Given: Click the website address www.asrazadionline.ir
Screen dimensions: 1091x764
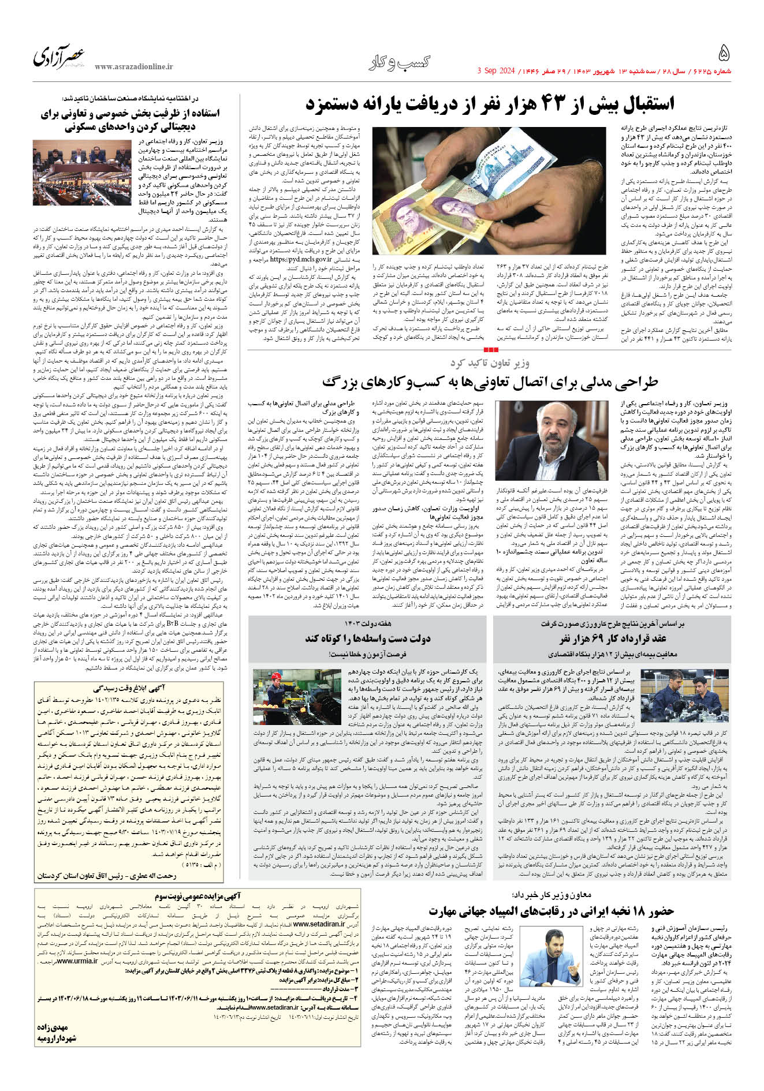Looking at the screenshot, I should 133,67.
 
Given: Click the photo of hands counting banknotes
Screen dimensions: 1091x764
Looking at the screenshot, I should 489,191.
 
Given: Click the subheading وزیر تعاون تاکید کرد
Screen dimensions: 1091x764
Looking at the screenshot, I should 490,363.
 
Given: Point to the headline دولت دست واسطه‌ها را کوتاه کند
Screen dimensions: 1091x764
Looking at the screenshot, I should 367,638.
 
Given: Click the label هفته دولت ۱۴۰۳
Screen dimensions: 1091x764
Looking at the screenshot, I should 367,624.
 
